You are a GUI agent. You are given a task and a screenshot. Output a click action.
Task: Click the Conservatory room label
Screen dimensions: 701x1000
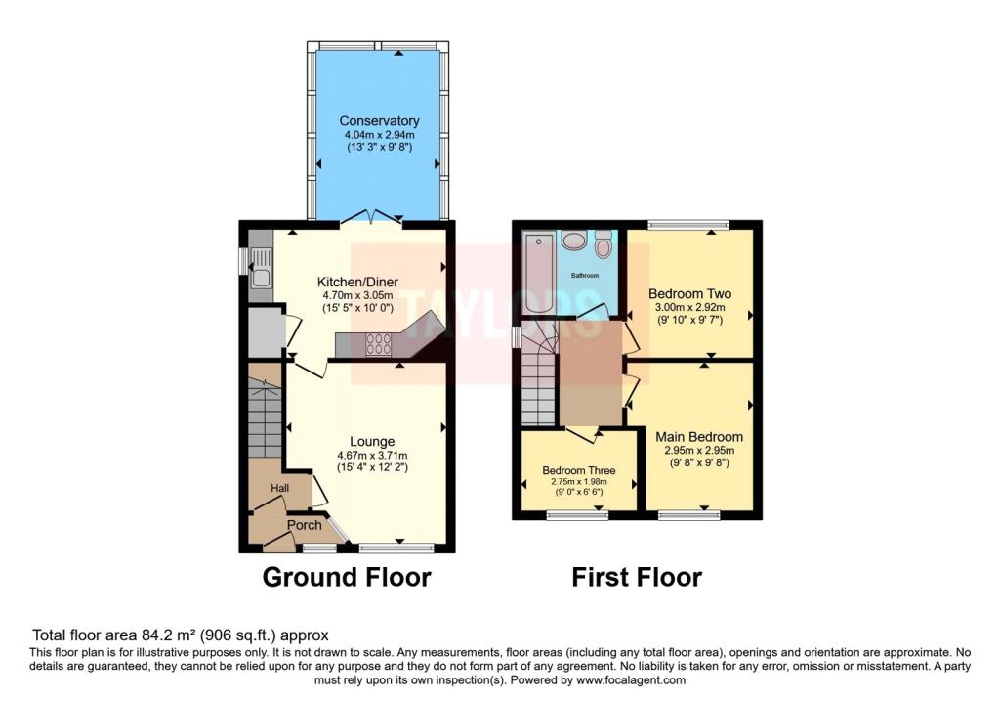point(379,121)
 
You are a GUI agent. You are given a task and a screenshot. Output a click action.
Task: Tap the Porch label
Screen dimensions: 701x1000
point(304,525)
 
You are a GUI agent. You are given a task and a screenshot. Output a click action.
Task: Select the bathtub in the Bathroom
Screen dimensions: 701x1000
point(538,274)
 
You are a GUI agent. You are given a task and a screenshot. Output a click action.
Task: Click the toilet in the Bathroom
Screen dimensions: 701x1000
point(603,245)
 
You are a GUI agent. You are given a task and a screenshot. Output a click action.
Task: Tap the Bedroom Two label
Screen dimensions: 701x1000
point(690,293)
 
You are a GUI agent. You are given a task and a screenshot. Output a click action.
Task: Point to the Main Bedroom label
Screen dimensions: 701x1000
point(698,437)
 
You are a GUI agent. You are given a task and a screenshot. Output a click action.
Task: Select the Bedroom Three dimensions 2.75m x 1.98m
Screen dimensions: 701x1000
point(578,480)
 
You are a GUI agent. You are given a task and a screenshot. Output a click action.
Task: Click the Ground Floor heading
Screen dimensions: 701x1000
point(347,578)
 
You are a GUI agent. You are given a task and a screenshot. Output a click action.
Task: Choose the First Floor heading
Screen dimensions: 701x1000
point(636,578)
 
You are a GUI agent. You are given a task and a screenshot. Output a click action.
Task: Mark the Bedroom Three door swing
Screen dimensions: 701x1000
point(583,434)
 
